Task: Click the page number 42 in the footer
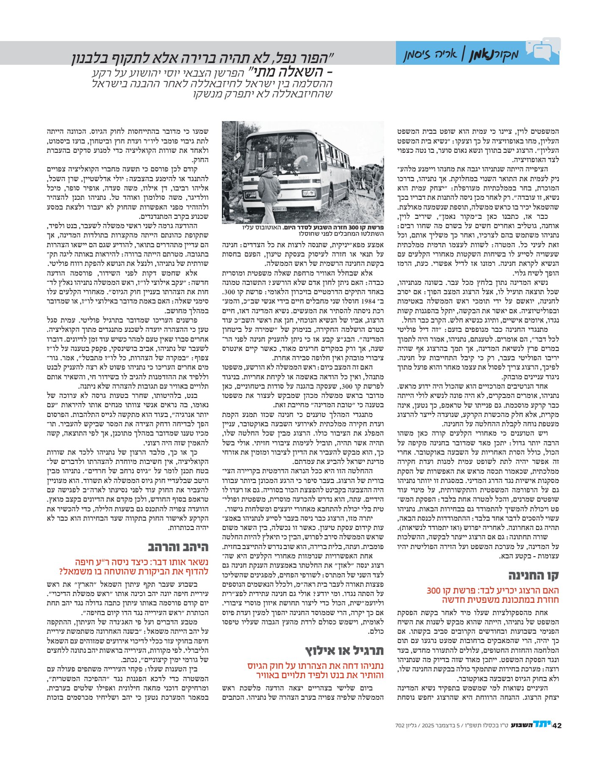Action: [556, 725]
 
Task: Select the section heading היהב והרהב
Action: [178, 547]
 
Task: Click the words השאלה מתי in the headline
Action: [288, 72]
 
